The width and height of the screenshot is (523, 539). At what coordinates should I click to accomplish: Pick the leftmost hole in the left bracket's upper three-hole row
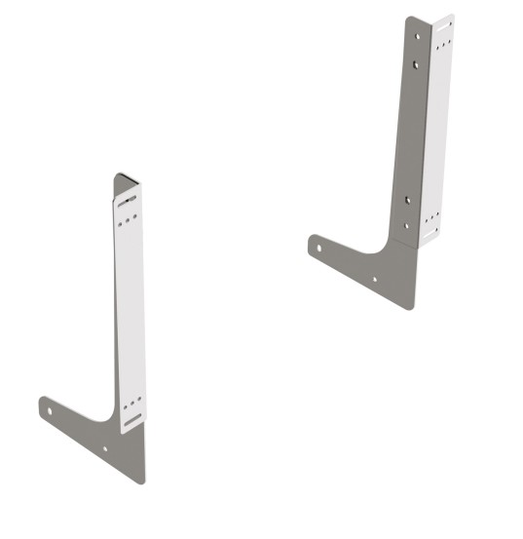coord(119,223)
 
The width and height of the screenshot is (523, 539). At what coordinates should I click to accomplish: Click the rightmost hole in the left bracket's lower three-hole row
coord(138,398)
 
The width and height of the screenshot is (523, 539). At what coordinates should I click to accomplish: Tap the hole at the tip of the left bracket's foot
coord(50,410)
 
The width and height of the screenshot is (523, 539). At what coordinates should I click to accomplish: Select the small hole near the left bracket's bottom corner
coord(106,449)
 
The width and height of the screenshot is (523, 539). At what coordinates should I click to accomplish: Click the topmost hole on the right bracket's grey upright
coord(418,36)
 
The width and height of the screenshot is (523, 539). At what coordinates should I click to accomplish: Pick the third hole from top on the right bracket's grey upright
coord(408,200)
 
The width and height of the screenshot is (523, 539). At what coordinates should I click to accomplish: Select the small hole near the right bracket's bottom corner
coord(375,279)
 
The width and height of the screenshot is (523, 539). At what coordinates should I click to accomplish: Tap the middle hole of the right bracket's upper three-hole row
coord(443,44)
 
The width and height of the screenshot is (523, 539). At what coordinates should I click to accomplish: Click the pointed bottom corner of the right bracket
coord(411,307)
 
